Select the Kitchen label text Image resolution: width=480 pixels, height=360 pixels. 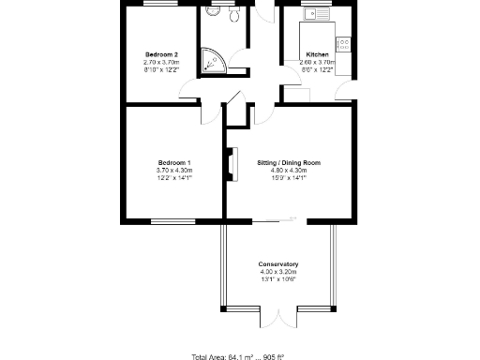pyautogui.click(x=318, y=54)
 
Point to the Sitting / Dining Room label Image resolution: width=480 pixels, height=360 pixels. pyautogui.click(x=289, y=162)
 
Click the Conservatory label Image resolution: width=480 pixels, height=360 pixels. pyautogui.click(x=277, y=264)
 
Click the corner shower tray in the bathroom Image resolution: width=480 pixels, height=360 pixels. pyautogui.click(x=214, y=62)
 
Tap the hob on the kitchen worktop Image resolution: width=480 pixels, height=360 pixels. pyautogui.click(x=344, y=42)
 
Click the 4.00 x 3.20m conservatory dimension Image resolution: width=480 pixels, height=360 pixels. pyautogui.click(x=277, y=272)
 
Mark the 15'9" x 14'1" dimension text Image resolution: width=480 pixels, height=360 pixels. pyautogui.click(x=289, y=177)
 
